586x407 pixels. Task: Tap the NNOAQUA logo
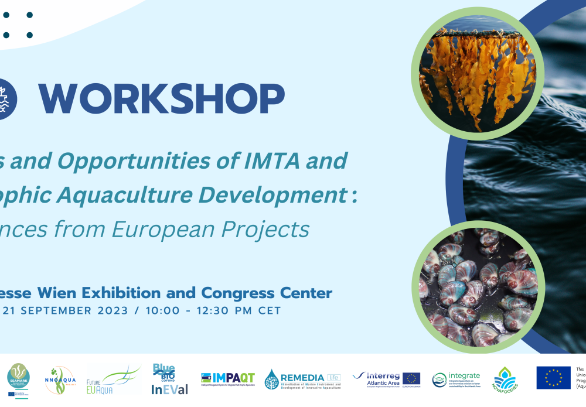(x=59, y=380)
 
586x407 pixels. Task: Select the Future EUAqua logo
(x=113, y=379)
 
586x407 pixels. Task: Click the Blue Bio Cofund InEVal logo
(x=165, y=379)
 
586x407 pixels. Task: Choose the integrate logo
(x=456, y=379)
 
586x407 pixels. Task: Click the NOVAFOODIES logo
(x=505, y=380)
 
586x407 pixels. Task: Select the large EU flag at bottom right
(x=553, y=378)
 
